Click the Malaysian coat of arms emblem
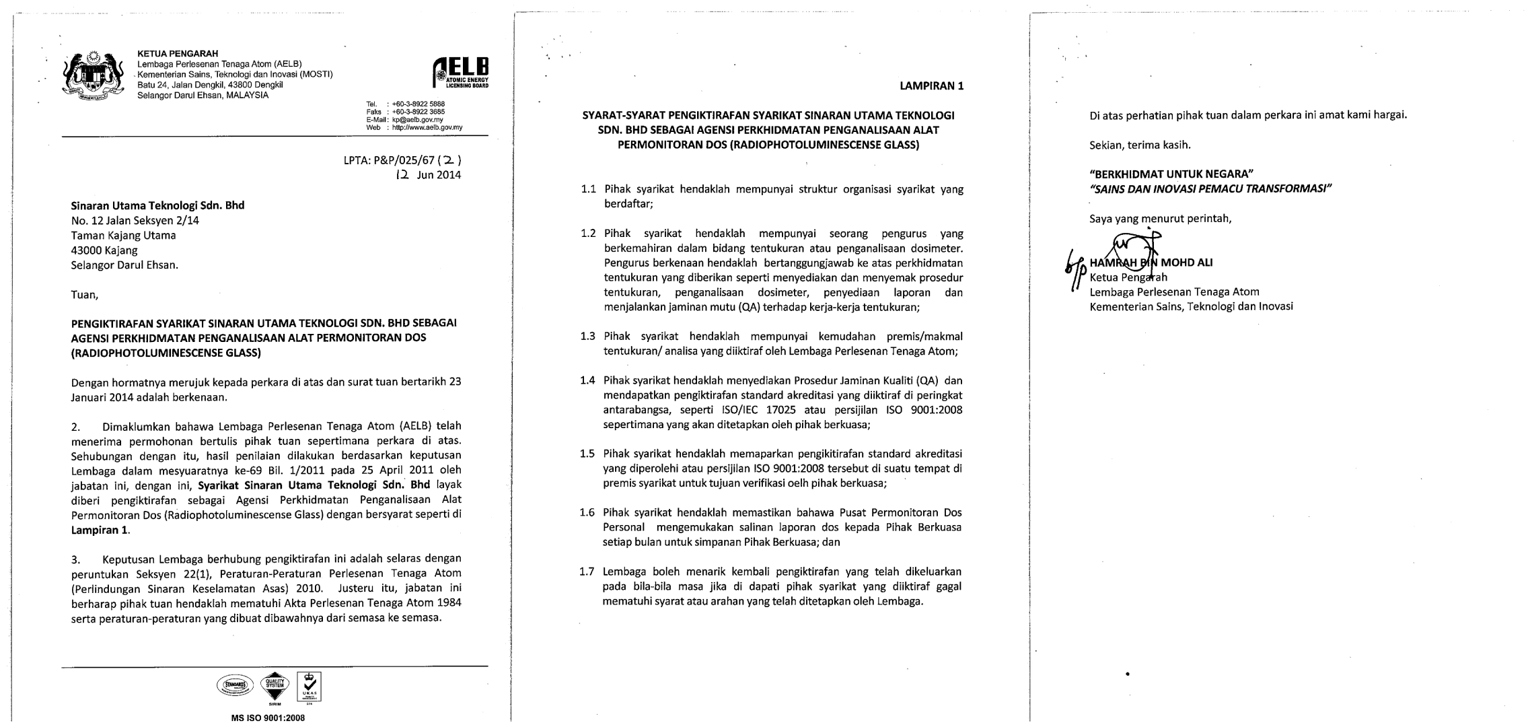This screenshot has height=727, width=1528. [x=94, y=75]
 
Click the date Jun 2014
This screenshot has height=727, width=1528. [x=439, y=175]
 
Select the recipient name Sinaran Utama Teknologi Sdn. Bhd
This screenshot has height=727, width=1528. [x=157, y=205]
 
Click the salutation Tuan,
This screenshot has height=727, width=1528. [x=85, y=294]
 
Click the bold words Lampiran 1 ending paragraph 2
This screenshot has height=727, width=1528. [x=100, y=530]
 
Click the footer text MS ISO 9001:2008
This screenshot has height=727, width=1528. [x=268, y=718]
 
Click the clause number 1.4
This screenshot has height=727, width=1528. [x=587, y=380]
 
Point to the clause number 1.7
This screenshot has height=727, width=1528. [x=587, y=572]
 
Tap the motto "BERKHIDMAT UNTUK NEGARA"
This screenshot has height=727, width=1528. [x=1171, y=174]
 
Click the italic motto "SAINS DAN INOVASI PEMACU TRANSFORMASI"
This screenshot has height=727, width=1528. [x=1210, y=188]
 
